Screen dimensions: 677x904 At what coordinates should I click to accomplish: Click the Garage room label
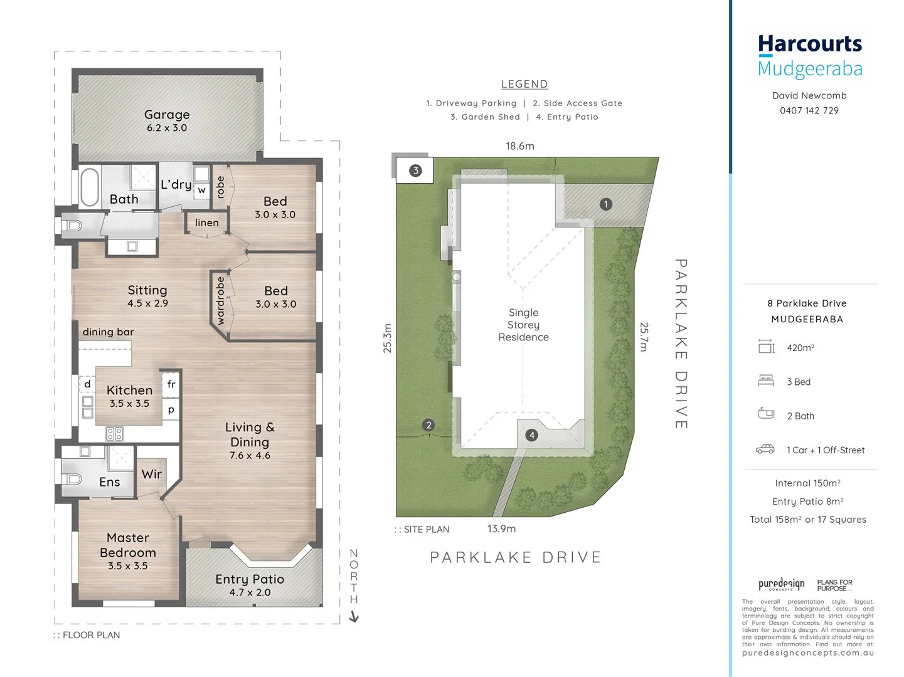click(x=167, y=115)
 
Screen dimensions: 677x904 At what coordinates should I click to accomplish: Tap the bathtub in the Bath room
click(x=90, y=187)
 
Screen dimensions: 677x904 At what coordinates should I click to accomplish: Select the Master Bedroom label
click(x=128, y=545)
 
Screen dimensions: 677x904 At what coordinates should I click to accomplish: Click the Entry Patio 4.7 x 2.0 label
click(x=250, y=585)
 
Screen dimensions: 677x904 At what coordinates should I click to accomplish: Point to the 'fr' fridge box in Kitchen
click(x=171, y=384)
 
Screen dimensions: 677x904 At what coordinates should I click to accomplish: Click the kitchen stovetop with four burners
click(x=114, y=433)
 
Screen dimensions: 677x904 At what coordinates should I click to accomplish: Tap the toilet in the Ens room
click(x=73, y=480)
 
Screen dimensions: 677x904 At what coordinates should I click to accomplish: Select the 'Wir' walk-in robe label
click(x=151, y=475)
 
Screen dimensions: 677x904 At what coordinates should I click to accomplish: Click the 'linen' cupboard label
click(x=206, y=223)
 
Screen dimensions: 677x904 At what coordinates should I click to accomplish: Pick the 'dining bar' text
click(x=108, y=332)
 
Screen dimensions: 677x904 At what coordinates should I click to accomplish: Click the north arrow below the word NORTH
click(x=354, y=617)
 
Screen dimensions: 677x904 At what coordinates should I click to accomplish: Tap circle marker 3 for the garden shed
click(x=415, y=171)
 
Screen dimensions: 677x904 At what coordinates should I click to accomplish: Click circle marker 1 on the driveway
click(x=605, y=204)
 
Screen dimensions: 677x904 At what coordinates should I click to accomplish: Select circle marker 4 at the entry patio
click(x=532, y=435)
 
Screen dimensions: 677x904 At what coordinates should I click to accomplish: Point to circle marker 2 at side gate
click(x=428, y=425)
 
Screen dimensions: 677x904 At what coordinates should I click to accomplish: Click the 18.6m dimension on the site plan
click(x=520, y=146)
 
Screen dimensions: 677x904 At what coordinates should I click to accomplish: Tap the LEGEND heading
click(x=524, y=84)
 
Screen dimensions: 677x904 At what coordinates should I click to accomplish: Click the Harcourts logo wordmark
click(x=810, y=45)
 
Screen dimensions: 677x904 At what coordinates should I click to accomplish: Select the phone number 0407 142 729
click(x=809, y=110)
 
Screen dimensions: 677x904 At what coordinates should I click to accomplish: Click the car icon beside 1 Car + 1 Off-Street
click(x=765, y=449)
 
